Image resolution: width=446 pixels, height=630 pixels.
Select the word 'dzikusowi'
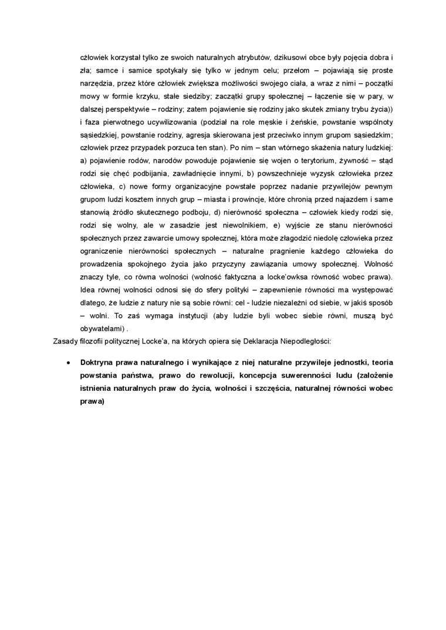308,59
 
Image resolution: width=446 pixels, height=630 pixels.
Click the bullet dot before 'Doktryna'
70,363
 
